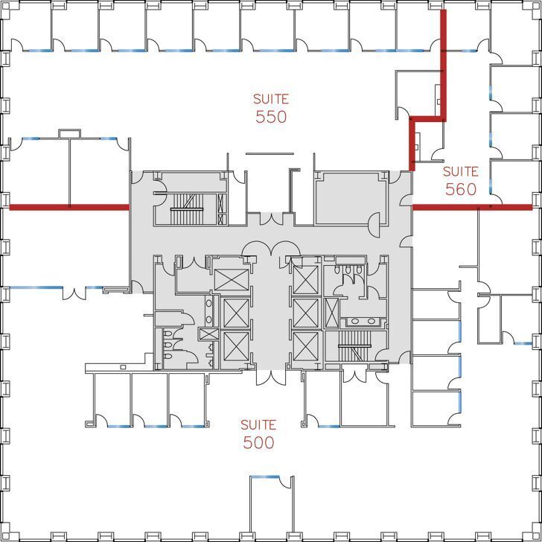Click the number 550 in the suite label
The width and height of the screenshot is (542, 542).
point(271,117)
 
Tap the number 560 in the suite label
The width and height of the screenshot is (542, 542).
point(461,190)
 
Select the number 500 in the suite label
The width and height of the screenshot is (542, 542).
point(258,442)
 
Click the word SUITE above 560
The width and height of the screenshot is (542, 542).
point(461,171)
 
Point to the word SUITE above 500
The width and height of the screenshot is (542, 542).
point(258,425)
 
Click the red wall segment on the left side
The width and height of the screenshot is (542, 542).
point(68,207)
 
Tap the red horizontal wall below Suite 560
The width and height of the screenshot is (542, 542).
point(472,207)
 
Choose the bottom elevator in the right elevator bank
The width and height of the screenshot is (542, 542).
point(305,346)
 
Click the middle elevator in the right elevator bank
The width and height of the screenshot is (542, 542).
point(305,313)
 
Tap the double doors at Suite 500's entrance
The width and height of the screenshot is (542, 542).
point(270,377)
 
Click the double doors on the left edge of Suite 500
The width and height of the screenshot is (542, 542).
point(74,293)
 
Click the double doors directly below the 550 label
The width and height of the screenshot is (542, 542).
point(271,219)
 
